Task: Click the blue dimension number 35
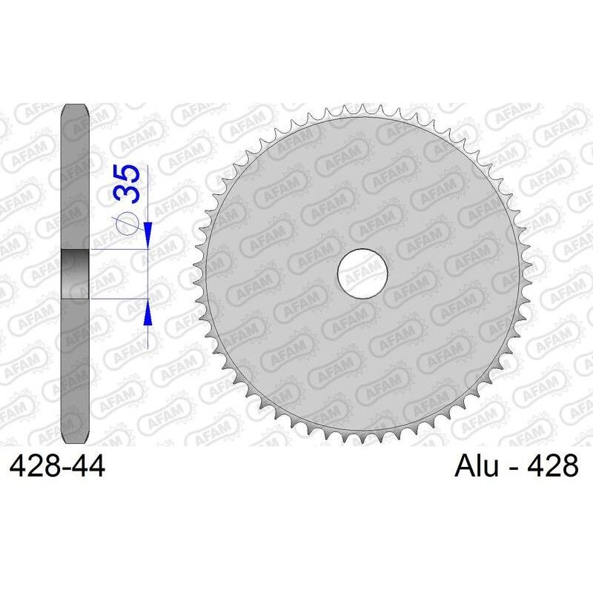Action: [x=127, y=185]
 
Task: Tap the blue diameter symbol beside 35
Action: [x=128, y=222]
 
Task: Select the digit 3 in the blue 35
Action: [x=127, y=195]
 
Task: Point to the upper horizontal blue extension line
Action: [x=119, y=251]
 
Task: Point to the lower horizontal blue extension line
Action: [x=119, y=299]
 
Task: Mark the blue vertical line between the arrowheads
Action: [x=148, y=274]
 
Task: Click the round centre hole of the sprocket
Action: [x=363, y=274]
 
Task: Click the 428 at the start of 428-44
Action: [x=33, y=467]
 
